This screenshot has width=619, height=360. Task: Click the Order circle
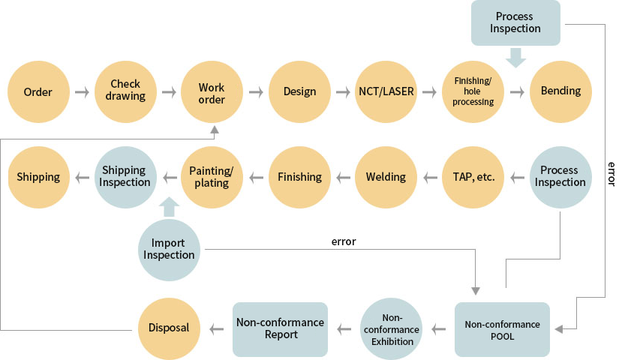(x=38, y=92)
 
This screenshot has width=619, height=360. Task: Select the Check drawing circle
(x=125, y=91)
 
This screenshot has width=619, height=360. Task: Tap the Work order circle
(x=212, y=92)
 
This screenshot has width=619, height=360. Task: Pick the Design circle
(x=299, y=92)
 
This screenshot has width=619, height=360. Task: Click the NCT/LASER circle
(x=386, y=92)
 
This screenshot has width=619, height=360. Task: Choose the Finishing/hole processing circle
(x=473, y=92)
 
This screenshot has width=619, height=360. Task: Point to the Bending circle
(x=560, y=91)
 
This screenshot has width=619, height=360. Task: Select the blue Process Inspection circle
(x=560, y=177)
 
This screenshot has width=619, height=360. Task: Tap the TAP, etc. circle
(x=473, y=178)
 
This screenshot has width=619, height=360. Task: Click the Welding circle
(x=386, y=178)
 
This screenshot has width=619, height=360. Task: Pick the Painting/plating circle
(x=212, y=178)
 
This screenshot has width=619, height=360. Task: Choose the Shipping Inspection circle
(x=125, y=178)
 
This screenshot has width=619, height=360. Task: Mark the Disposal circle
(x=169, y=328)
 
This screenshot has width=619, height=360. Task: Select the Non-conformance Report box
(x=280, y=328)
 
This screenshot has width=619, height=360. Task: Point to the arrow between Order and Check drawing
(x=82, y=92)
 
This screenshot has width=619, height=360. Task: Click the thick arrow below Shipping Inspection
(x=169, y=206)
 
